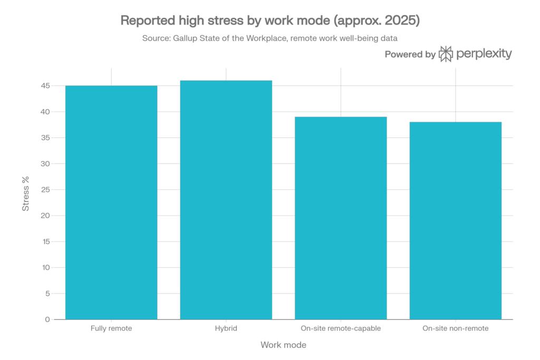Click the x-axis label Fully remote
click(x=111, y=328)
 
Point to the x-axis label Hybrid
click(x=226, y=328)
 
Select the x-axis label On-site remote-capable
click(x=341, y=328)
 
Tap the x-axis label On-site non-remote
click(x=456, y=328)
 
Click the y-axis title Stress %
click(x=25, y=193)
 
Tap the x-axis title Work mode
click(x=283, y=345)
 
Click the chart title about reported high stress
click(x=269, y=21)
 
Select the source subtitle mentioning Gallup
click(x=269, y=38)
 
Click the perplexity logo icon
click(x=446, y=54)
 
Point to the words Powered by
click(x=410, y=54)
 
